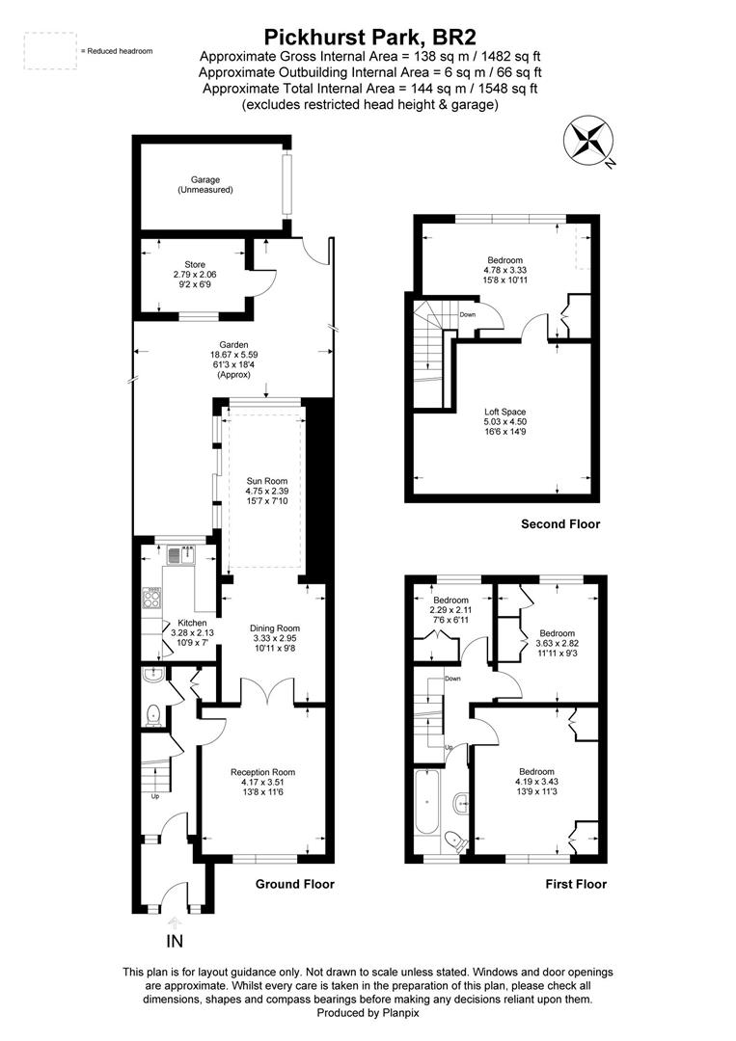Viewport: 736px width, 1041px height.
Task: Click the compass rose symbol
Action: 587,142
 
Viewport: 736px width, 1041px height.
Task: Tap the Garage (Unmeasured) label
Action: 205,184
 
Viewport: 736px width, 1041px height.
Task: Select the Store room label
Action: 195,274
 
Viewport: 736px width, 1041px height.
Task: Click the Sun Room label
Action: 266,491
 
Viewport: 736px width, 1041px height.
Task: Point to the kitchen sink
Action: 180,554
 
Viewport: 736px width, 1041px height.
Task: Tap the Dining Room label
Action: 275,638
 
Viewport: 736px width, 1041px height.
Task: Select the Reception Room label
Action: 263,782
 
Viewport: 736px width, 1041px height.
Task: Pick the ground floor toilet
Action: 153,713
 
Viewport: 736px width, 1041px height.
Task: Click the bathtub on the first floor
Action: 426,803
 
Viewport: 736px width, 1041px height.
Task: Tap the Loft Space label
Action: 504,421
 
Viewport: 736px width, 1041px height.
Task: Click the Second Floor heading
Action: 560,523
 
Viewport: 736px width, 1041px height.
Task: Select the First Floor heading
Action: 576,884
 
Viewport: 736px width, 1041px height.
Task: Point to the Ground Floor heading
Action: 295,884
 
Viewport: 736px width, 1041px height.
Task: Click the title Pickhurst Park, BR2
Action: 370,36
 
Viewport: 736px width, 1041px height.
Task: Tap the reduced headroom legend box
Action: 50,50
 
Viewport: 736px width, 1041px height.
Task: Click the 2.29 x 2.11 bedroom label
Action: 451,609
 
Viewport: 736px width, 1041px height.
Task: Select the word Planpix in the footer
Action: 400,1013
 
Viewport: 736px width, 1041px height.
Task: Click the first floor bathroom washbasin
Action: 462,803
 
